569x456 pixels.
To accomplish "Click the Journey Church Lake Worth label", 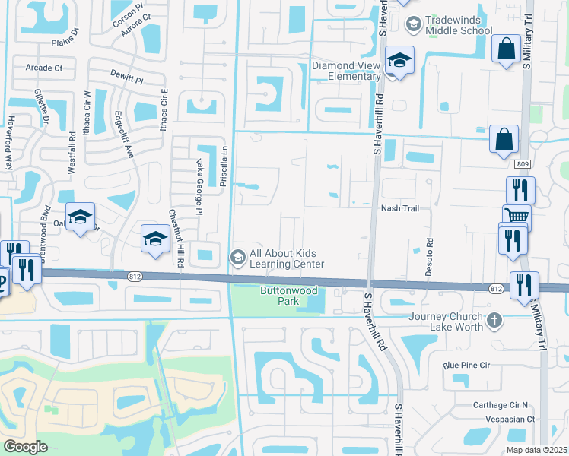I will coord(446,322).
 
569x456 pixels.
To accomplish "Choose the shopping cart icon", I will coord(516,217).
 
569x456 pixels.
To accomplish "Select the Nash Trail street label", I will coord(400,208).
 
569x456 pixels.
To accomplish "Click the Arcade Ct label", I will coord(43,68).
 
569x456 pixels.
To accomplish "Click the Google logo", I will coord(26,446).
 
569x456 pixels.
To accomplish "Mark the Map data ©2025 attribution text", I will coord(536,450).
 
